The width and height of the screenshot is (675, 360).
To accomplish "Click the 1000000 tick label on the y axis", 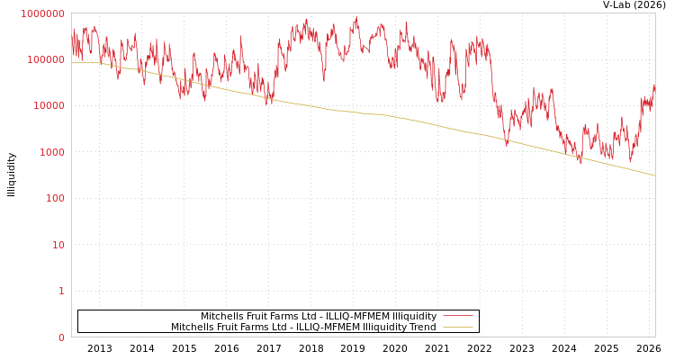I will [x=43, y=13].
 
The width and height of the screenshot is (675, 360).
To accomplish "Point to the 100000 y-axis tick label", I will [x=46, y=59].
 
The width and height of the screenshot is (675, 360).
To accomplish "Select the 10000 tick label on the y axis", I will [x=49, y=106].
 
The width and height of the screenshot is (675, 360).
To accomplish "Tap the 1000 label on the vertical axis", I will [x=51, y=152].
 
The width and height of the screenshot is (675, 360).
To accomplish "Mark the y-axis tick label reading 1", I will [x=62, y=291].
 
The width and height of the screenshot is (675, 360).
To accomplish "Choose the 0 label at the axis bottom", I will [x=62, y=337].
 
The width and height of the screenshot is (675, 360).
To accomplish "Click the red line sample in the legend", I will [x=457, y=316].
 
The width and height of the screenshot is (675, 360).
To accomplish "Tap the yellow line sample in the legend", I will [x=457, y=327].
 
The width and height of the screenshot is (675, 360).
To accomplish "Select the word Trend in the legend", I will [x=421, y=327].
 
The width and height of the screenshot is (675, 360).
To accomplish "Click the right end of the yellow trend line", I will [x=654, y=175].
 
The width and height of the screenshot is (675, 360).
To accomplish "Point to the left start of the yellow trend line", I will [x=72, y=63].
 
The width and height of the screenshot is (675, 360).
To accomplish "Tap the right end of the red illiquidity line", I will [x=654, y=85].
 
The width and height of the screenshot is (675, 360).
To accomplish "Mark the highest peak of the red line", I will [x=356, y=16].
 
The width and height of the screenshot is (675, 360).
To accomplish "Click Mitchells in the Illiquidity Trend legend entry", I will [x=192, y=327].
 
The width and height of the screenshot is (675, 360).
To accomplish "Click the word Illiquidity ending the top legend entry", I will [x=415, y=316].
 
